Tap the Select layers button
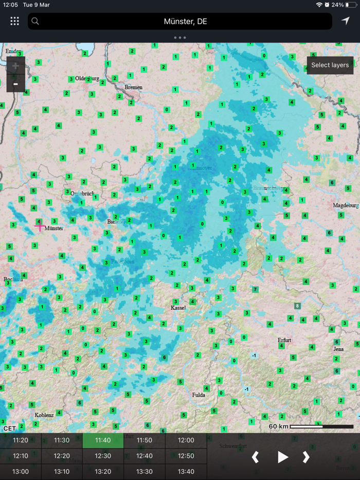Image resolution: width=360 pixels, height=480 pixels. click(x=330, y=65)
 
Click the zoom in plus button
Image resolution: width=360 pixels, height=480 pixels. click(x=15, y=66)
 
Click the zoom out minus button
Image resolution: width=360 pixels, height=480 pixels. click(x=15, y=84)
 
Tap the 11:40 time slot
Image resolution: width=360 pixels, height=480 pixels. click(x=103, y=440)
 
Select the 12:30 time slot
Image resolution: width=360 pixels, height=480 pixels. click(x=103, y=456)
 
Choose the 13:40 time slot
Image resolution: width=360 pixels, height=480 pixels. click(x=186, y=471)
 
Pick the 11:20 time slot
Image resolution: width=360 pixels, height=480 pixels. click(x=21, y=440)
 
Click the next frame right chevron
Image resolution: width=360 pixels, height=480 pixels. click(x=306, y=457)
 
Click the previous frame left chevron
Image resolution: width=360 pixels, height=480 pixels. click(x=255, y=457)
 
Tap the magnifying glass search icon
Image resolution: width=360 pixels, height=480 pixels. click(x=35, y=21)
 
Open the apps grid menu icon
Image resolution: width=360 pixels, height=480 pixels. click(x=15, y=21)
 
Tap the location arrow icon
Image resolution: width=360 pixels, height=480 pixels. click(x=345, y=21)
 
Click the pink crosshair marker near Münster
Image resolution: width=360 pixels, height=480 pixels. click(x=40, y=226)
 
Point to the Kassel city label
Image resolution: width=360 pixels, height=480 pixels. click(x=178, y=308)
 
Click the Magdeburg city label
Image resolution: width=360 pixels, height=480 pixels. click(x=346, y=205)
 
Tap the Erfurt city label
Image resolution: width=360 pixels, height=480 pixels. click(x=284, y=340)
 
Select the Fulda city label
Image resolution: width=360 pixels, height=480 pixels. click(x=199, y=395)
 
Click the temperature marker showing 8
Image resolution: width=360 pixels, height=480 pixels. click(x=297, y=306)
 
